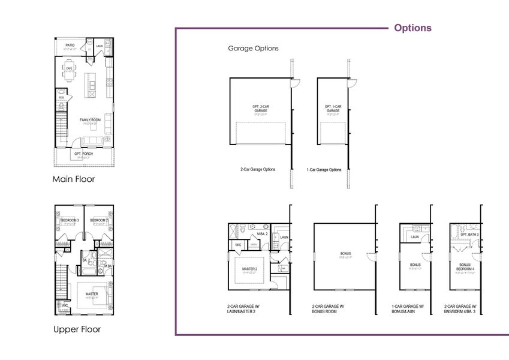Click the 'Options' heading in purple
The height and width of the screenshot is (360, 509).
[412, 28]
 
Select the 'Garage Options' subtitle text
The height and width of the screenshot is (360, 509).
[253, 49]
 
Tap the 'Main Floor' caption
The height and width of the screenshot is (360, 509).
[73, 179]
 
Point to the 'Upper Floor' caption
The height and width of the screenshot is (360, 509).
[77, 329]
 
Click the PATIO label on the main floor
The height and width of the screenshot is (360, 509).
[70, 45]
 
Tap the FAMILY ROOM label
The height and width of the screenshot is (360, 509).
[90, 120]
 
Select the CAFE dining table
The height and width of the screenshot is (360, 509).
[70, 74]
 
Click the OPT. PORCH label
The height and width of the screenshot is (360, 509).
[85, 154]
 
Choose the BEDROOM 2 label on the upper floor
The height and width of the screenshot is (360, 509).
[99, 220]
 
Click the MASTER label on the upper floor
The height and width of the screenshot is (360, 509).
[92, 293]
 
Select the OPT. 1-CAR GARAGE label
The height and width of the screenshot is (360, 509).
[333, 109]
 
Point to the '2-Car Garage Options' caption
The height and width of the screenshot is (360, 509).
[258, 170]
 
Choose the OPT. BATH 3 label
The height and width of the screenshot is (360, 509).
[469, 234]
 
